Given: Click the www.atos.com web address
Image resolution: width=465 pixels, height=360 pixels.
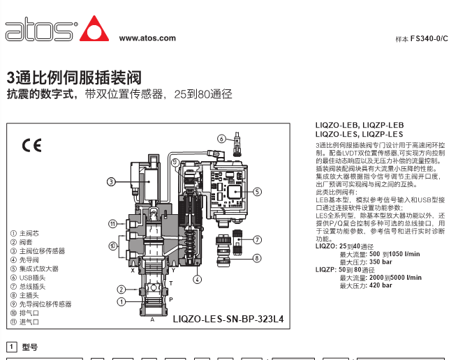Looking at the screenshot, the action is point(147,38).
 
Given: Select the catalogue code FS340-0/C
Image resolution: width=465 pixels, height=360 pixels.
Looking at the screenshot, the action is point(429,38).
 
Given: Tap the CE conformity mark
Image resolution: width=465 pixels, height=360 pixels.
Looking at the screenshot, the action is point(31,145).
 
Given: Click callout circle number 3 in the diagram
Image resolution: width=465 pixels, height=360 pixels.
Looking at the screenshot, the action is point(111,181).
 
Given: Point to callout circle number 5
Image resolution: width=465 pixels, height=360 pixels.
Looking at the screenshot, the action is point(257,192).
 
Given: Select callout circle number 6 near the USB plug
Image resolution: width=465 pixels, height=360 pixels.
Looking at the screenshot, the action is point(221,139).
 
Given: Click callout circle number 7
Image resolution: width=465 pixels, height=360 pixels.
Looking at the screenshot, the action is point(257,239).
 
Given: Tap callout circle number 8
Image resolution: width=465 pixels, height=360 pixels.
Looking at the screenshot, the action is point(257,258).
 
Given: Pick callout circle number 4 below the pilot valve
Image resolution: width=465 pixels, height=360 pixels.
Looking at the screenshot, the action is point(197,279).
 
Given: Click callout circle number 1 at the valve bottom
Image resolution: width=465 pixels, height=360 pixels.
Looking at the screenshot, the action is point(121,302).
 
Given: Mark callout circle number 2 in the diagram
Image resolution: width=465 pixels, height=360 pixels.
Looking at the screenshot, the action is point(121,290).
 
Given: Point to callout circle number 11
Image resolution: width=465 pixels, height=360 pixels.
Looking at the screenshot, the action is point(112,224).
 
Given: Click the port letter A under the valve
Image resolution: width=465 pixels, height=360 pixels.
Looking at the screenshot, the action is point(152,320).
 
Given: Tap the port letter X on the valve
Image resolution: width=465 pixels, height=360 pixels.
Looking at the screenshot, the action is point(133,270).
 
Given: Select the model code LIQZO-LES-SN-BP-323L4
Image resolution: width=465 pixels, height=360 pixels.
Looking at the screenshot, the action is point(228,319).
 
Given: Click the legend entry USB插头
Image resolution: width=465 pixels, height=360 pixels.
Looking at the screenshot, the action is point(32,278).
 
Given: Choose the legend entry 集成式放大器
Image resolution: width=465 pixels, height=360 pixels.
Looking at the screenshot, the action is point(39,269).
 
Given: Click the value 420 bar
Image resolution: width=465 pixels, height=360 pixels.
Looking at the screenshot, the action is point(381,285).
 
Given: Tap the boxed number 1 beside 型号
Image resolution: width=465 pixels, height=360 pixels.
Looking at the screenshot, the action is point(12,347).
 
